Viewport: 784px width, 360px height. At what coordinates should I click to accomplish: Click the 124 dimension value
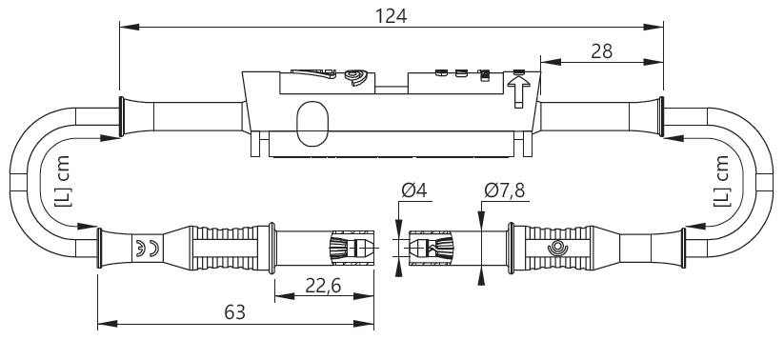(391, 16)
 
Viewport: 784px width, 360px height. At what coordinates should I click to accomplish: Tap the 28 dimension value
(601, 51)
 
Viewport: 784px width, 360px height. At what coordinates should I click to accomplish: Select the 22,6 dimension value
(323, 286)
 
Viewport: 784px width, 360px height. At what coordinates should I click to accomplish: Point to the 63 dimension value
(234, 312)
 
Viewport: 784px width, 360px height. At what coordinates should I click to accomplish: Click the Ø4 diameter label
(414, 190)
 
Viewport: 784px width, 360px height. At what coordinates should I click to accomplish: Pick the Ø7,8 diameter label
(505, 190)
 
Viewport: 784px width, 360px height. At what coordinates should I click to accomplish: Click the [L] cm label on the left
(62, 182)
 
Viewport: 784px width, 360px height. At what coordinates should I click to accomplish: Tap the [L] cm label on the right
(721, 182)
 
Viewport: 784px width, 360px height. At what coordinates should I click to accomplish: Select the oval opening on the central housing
(312, 124)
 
